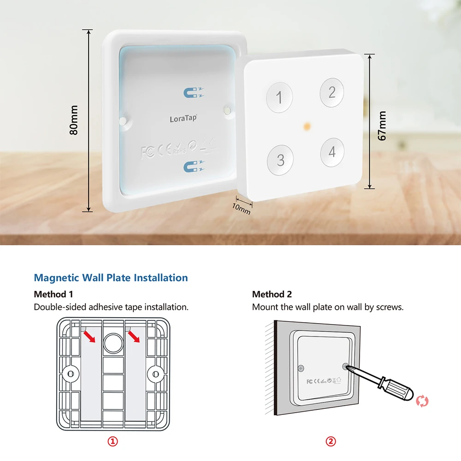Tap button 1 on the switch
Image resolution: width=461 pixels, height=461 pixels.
pyautogui.click(x=279, y=97)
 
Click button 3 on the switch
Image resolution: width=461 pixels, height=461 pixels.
pyautogui.click(x=280, y=160)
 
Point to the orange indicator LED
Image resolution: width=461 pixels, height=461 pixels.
pyautogui.click(x=306, y=125)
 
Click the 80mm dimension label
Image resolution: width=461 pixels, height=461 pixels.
pyautogui.click(x=74, y=120)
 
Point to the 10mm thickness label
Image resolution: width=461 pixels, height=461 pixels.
pyautogui.click(x=241, y=208)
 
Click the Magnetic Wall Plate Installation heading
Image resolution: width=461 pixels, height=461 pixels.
pyautogui.click(x=111, y=278)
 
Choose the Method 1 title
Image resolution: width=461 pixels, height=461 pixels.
pyautogui.click(x=53, y=294)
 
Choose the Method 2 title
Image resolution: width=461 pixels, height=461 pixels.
pyautogui.click(x=272, y=294)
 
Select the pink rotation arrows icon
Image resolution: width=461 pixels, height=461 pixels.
pyautogui.click(x=422, y=401)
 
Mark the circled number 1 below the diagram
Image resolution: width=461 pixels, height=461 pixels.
pyautogui.click(x=113, y=441)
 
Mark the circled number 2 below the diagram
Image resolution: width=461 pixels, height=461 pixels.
pyautogui.click(x=331, y=441)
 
